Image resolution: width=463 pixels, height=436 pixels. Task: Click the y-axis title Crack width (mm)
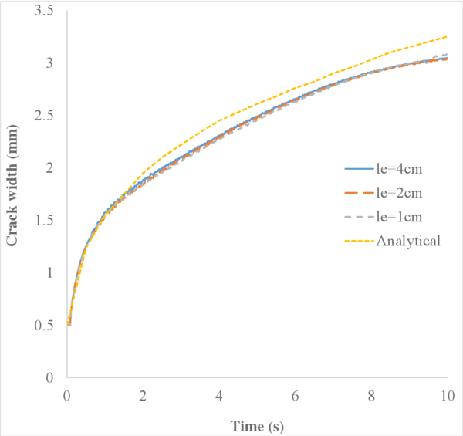coord(13,194)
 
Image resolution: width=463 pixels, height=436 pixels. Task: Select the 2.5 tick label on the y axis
coord(49,115)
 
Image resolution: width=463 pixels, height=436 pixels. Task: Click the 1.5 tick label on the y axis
coord(49,220)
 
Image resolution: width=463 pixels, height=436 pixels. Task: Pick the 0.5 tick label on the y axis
coord(49,325)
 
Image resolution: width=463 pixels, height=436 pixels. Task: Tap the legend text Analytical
coord(408,241)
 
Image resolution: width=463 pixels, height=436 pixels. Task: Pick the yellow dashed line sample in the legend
coord(357,241)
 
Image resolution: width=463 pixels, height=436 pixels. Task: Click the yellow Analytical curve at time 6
coord(296,89)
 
